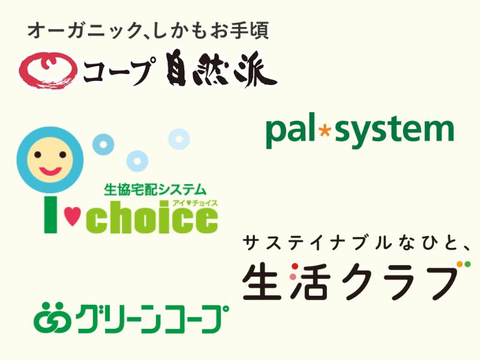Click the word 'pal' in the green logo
[x=290, y=131]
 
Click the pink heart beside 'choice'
[x=73, y=216]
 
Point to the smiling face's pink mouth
[x=50, y=170]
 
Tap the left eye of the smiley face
[x=38, y=155]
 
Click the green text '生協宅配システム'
[x=155, y=190]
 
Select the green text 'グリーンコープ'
[x=152, y=319]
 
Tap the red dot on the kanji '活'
[x=295, y=266]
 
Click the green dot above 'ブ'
[x=467, y=264]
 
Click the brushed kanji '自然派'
[x=221, y=70]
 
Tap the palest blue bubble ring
[x=179, y=139]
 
